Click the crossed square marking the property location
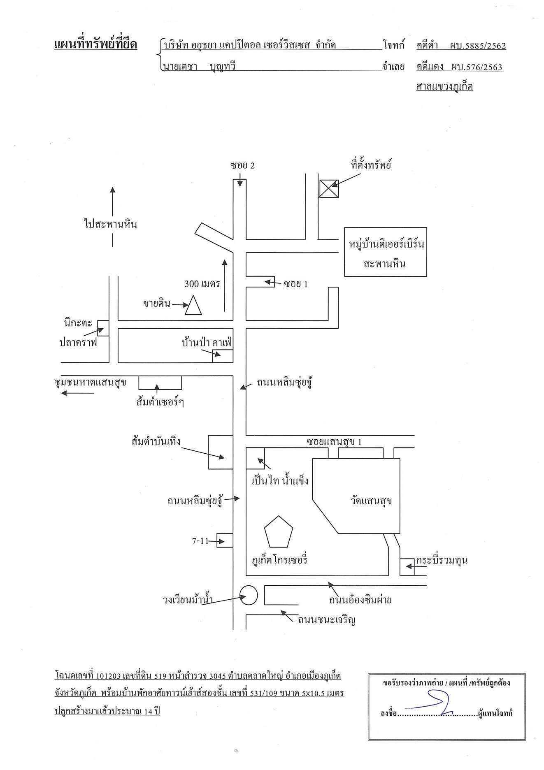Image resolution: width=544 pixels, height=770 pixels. point(329,189)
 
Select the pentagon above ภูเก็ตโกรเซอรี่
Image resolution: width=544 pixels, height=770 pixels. point(279,531)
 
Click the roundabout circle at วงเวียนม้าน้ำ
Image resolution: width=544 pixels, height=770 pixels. point(249,595)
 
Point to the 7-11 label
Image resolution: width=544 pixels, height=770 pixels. point(200,541)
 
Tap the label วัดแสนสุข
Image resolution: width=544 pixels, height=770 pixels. point(371,501)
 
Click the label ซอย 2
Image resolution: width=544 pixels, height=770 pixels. point(243,165)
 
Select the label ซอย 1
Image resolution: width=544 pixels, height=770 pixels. point(296,284)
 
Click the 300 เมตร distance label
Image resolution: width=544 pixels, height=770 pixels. point(202,283)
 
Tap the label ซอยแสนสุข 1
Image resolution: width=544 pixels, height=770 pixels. point(334,442)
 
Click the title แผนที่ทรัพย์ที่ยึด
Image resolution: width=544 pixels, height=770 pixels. point(95,44)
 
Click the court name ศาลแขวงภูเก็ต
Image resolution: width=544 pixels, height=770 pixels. point(444,86)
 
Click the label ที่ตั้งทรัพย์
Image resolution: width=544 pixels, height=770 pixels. point(371,165)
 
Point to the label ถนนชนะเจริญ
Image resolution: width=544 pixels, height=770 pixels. point(327,620)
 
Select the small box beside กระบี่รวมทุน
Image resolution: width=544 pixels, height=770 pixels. point(407,567)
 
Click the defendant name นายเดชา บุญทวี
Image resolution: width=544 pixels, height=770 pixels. point(200,66)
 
